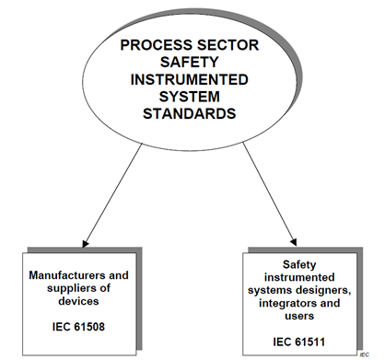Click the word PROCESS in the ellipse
pyautogui.click(x=157, y=45)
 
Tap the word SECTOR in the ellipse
pyautogui.click(x=228, y=45)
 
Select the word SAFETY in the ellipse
pyautogui.click(x=189, y=63)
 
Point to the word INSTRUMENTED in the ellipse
pyautogui.click(x=190, y=79)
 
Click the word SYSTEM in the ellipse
pyautogui.click(x=190, y=97)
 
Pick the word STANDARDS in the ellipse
pyautogui.click(x=190, y=114)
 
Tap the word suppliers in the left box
pyautogui.click(x=68, y=288)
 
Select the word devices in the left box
pyautogui.click(x=78, y=301)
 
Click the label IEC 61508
pyautogui.click(x=78, y=327)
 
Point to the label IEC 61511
pyautogui.click(x=299, y=342)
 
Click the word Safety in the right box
pyautogui.click(x=299, y=264)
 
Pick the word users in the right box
pyautogui.click(x=299, y=316)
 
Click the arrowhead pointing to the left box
pyautogui.click(x=86, y=243)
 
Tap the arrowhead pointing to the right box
pyautogui.click(x=294, y=242)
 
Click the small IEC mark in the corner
pyautogui.click(x=365, y=354)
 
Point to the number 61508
pyautogui.click(x=89, y=327)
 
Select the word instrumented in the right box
pyautogui.click(x=299, y=277)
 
